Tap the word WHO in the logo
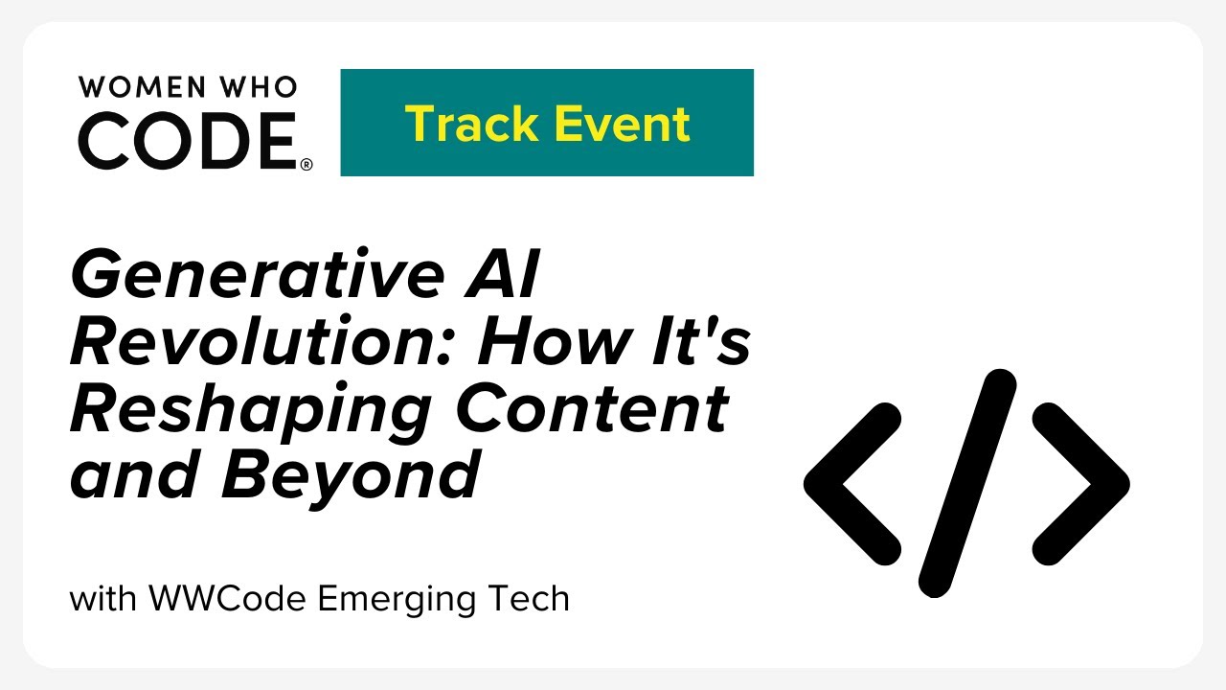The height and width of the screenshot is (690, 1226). (259, 87)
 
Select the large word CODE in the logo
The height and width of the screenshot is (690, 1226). (188, 140)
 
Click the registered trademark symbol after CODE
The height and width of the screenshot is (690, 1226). (306, 164)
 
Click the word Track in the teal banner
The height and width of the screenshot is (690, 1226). (471, 124)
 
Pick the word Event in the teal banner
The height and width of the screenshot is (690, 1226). (623, 124)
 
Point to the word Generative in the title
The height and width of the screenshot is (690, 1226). (258, 274)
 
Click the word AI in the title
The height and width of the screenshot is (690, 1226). (503, 274)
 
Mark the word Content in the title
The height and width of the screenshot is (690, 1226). (593, 408)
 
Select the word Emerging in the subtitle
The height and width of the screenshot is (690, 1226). (397, 600)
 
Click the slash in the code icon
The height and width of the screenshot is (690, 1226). (967, 484)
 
